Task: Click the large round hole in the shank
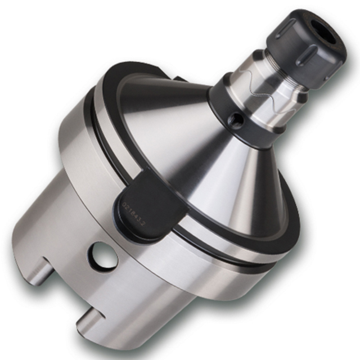[x=103, y=256]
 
